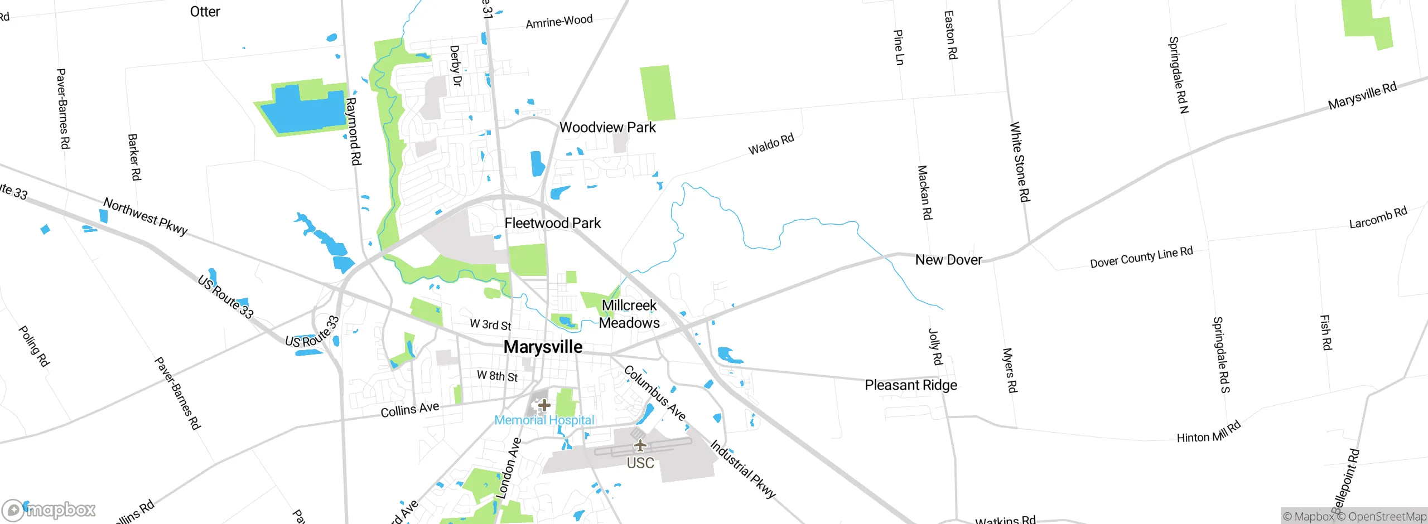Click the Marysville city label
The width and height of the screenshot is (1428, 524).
click(x=543, y=347)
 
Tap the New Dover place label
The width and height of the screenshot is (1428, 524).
click(x=948, y=260)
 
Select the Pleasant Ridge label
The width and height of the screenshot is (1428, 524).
click(x=910, y=385)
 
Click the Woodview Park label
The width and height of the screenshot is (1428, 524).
click(x=607, y=128)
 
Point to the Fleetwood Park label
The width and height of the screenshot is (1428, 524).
click(x=552, y=224)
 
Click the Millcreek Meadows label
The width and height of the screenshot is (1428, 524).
click(x=629, y=314)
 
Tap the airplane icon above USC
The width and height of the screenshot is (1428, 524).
click(x=640, y=445)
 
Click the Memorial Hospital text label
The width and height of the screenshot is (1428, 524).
click(x=544, y=420)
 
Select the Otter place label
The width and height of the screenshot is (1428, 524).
click(x=205, y=12)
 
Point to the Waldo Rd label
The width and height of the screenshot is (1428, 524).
click(x=771, y=144)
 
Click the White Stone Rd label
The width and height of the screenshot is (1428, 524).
click(x=1020, y=162)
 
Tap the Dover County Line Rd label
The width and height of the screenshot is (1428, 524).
click(x=1141, y=257)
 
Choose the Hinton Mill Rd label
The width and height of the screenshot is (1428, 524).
click(x=1208, y=433)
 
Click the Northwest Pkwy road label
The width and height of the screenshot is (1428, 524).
click(x=146, y=217)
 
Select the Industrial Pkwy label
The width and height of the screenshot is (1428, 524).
click(x=742, y=469)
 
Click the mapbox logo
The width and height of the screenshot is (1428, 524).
click(x=49, y=510)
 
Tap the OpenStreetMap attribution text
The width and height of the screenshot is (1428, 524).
click(x=1387, y=517)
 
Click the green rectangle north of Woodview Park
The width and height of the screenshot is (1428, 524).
click(x=657, y=93)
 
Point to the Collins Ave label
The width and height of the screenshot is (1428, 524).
click(x=409, y=410)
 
